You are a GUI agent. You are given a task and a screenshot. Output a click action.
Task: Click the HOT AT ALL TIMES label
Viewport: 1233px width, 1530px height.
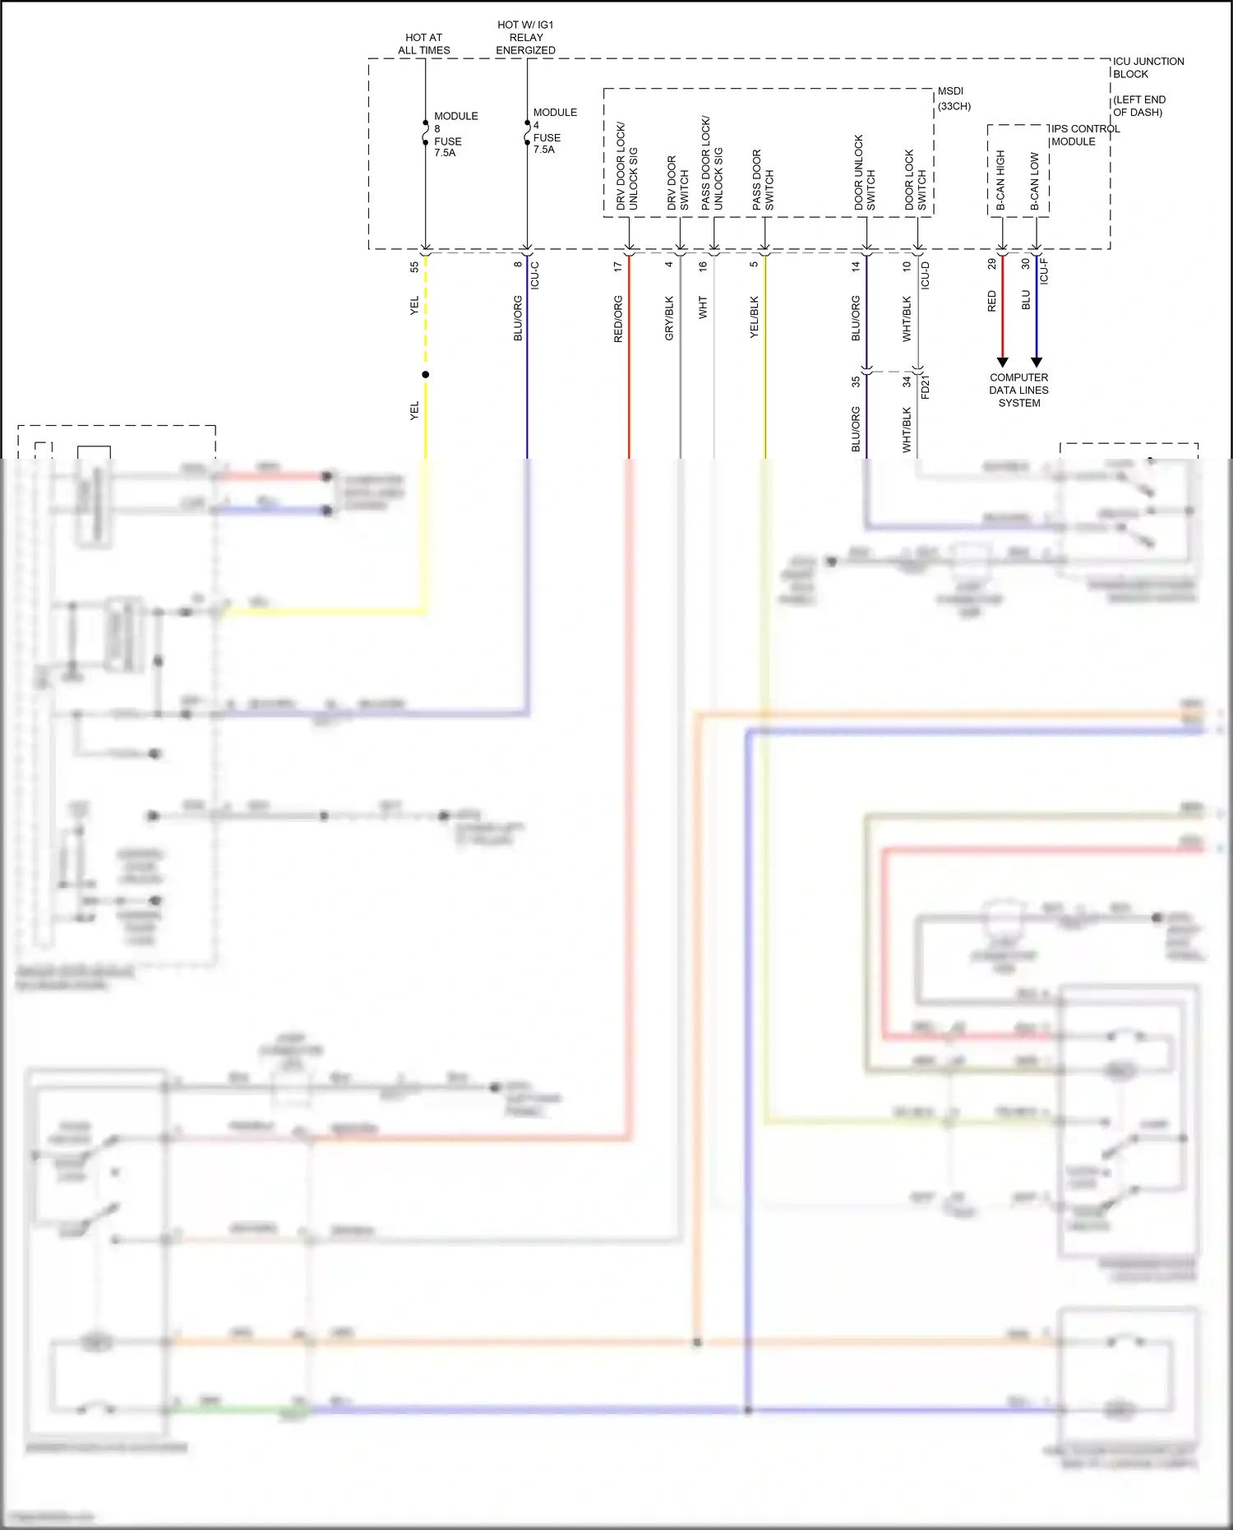pyautogui.click(x=423, y=44)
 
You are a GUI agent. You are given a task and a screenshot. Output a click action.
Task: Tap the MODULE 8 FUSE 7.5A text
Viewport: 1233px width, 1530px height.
pyautogui.click(x=455, y=135)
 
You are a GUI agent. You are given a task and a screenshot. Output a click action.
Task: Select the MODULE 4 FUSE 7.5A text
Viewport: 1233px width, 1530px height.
pyautogui.click(x=554, y=131)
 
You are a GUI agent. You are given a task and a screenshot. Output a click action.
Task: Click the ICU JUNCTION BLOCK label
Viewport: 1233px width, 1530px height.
pyautogui.click(x=1148, y=67)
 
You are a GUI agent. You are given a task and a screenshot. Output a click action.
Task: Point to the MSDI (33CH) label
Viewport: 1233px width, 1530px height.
pyautogui.click(x=954, y=99)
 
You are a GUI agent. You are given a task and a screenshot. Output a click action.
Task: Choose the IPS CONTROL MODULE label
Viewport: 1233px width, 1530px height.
pyautogui.click(x=1084, y=135)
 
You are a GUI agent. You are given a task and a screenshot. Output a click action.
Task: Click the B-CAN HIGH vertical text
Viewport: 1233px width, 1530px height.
pyautogui.click(x=1000, y=180)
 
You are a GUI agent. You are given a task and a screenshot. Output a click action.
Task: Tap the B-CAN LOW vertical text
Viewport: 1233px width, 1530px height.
pyautogui.click(x=1035, y=181)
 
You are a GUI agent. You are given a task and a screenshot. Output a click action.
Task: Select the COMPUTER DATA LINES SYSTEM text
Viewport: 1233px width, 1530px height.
pyautogui.click(x=1018, y=391)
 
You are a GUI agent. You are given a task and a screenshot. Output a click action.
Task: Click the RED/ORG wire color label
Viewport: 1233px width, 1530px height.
pyautogui.click(x=618, y=319)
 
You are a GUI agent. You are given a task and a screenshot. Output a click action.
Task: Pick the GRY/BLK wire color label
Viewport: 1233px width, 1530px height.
pyautogui.click(x=669, y=319)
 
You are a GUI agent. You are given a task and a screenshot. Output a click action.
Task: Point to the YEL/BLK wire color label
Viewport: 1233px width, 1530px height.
pyautogui.click(x=755, y=319)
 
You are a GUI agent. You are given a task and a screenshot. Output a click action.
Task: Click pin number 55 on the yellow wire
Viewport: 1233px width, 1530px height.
pyautogui.click(x=414, y=266)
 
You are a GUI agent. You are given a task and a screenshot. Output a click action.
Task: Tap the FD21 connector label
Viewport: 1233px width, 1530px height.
pyautogui.click(x=925, y=386)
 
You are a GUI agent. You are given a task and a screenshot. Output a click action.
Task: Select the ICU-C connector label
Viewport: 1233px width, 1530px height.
pyautogui.click(x=535, y=275)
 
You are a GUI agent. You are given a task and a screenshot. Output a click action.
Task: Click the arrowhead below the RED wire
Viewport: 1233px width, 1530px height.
pyautogui.click(x=1002, y=363)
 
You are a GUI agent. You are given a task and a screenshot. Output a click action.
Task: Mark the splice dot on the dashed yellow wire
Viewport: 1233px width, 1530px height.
pyautogui.click(x=426, y=375)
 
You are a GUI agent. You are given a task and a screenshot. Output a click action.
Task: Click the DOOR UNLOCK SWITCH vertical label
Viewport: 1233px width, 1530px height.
pyautogui.click(x=865, y=173)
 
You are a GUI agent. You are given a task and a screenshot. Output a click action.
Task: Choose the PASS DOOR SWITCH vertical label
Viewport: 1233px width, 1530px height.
pyautogui.click(x=763, y=180)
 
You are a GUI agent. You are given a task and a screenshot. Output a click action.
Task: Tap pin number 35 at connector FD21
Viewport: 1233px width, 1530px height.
pyautogui.click(x=856, y=381)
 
